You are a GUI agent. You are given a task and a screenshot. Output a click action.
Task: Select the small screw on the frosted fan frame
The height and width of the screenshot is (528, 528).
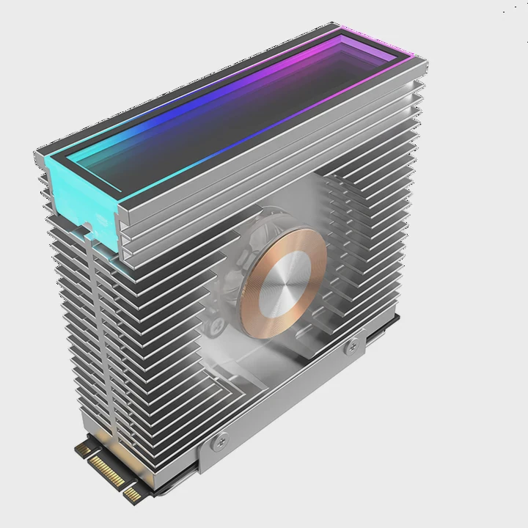click(x=218, y=323)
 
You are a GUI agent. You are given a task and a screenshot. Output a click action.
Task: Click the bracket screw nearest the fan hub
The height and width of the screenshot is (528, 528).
click(x=351, y=345)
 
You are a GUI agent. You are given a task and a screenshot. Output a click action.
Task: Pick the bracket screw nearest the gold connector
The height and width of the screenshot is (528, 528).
click(x=219, y=441)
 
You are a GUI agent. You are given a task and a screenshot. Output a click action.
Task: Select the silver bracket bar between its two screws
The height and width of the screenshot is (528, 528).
click(x=286, y=396)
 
